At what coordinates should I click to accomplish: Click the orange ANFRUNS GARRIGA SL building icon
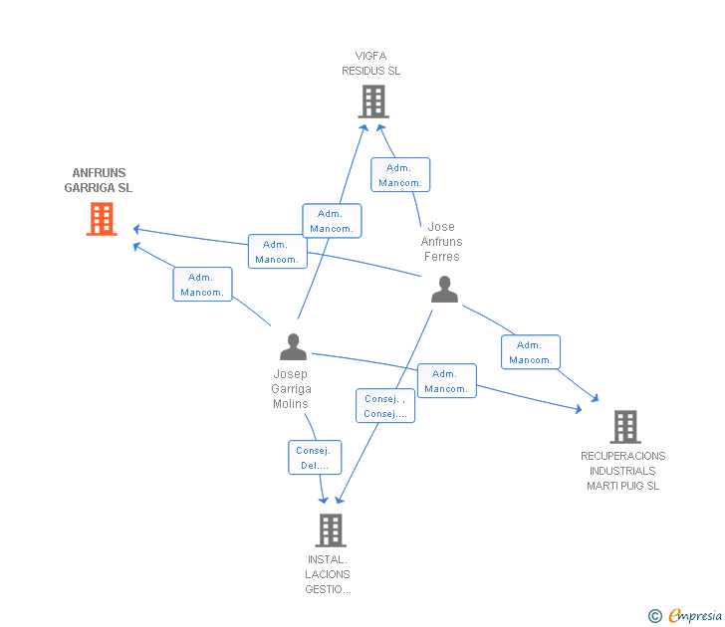coord(102,219)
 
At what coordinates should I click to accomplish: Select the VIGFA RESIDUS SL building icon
coord(372,102)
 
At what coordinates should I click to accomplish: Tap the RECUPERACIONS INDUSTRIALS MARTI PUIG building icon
coord(624,427)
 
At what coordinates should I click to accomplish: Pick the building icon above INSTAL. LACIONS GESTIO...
coord(331,530)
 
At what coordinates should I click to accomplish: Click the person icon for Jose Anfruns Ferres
coord(444,290)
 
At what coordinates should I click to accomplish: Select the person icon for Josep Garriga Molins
coord(293,347)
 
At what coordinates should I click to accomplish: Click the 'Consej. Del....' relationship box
coord(315,458)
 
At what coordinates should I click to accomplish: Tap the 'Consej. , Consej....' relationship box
coord(384,406)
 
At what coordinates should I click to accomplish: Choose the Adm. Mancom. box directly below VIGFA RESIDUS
coord(400,175)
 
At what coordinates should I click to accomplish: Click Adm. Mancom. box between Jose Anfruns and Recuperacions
coord(531,352)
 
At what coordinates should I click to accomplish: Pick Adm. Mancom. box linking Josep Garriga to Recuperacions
coord(446,381)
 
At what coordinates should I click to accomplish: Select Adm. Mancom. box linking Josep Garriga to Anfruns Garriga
coord(202,285)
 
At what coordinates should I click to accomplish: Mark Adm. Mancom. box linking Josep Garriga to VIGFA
coord(332,221)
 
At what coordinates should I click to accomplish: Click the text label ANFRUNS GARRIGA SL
coord(99,180)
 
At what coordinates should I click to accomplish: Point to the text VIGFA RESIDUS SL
coord(370,64)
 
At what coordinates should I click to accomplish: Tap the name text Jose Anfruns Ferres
coord(441,242)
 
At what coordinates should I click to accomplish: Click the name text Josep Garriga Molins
coord(292,389)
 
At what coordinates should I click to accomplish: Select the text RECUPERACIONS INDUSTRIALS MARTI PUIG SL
coord(623,471)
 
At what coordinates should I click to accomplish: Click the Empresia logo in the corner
coord(694,616)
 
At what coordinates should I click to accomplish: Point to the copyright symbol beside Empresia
coord(655,617)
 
